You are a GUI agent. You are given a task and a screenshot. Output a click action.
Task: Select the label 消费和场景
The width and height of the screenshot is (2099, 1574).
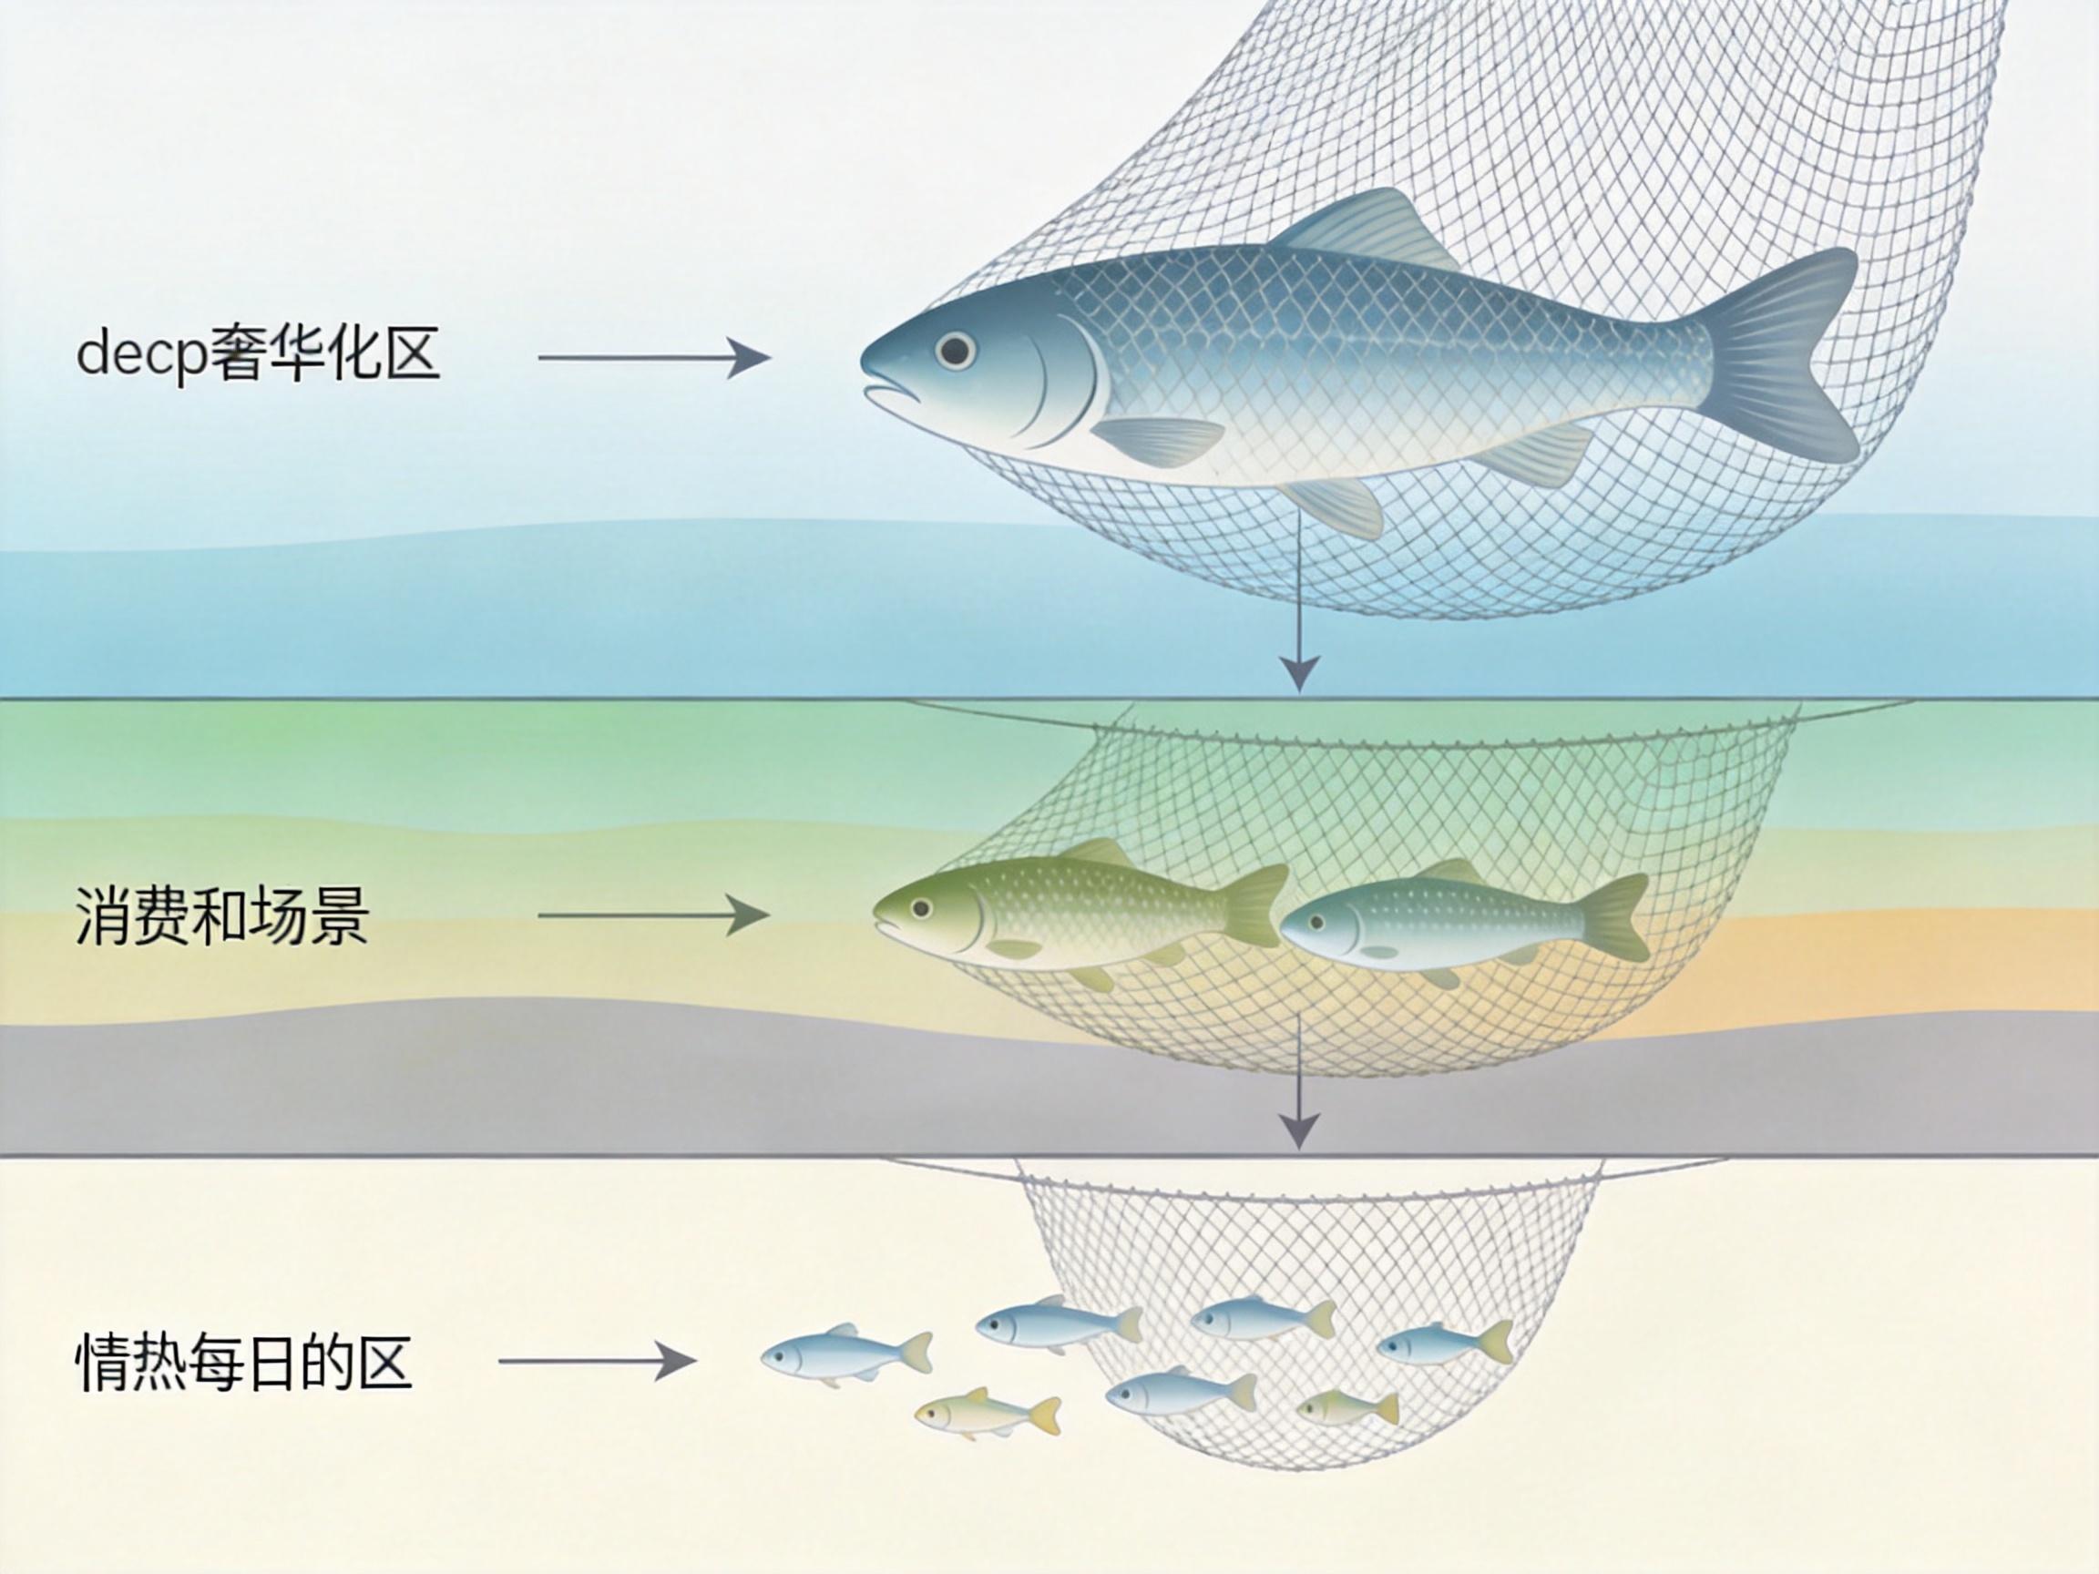pos(222,916)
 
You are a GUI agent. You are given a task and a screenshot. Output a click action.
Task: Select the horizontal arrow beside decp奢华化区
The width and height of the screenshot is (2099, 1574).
pos(654,358)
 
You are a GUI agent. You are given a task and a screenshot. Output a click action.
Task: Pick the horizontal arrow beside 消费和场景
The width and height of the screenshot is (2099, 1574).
pos(654,915)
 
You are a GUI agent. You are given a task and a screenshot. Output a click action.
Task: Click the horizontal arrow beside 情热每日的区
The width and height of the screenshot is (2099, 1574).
pos(598,1362)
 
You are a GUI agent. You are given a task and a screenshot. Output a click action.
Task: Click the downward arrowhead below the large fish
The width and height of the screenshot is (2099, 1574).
pos(1299,671)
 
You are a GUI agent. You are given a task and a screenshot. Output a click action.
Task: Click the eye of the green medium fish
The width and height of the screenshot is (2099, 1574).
pos(918,908)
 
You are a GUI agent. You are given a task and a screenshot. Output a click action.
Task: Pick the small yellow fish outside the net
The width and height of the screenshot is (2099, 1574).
pos(988,1416)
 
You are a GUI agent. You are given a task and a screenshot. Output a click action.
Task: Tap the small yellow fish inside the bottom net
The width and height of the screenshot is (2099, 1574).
pos(1347,1408)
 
